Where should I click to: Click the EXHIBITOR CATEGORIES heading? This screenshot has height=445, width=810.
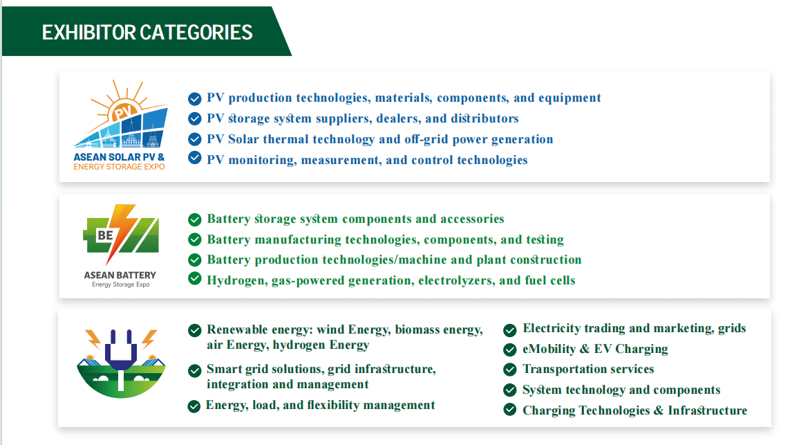coord(147,32)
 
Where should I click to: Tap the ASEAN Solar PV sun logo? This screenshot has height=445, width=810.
coord(121,113)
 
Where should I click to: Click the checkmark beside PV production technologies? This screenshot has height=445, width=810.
coord(195,98)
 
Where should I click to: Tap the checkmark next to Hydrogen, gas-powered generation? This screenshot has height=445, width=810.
coord(195,279)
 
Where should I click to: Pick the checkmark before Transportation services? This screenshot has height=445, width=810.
coord(510,370)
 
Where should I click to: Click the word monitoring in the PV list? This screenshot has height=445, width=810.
coord(263,160)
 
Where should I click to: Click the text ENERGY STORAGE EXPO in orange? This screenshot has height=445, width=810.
coord(119,167)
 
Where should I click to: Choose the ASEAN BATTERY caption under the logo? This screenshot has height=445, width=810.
coord(120,275)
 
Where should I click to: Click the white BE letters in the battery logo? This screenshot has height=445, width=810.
coord(105,235)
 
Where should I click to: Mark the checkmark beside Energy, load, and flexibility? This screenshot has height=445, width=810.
coord(194,406)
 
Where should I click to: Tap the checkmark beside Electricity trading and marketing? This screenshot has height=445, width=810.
coord(510,329)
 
